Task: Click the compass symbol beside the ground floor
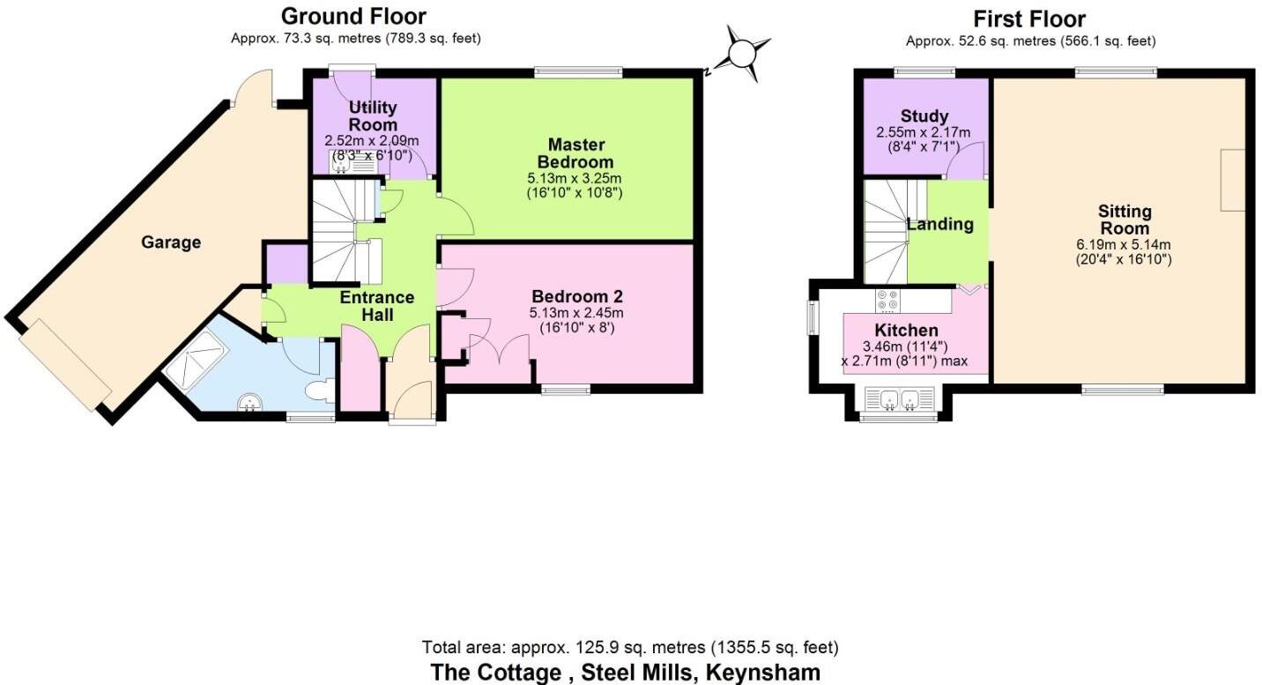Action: coord(743,54)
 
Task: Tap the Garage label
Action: coord(171,242)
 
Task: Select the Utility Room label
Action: coord(373,116)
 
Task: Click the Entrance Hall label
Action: coord(377,306)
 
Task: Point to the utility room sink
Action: coord(340,161)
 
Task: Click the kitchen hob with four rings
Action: coord(887,301)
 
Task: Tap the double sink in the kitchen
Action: coord(899,400)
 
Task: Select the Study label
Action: coord(924,116)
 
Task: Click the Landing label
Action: coord(940,224)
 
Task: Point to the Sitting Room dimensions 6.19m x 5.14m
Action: coord(1125,244)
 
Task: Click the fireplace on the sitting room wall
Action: coord(1232,181)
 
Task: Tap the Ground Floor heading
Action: coord(353,16)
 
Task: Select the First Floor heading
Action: coord(1029,19)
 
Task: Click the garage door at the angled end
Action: coord(64,365)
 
